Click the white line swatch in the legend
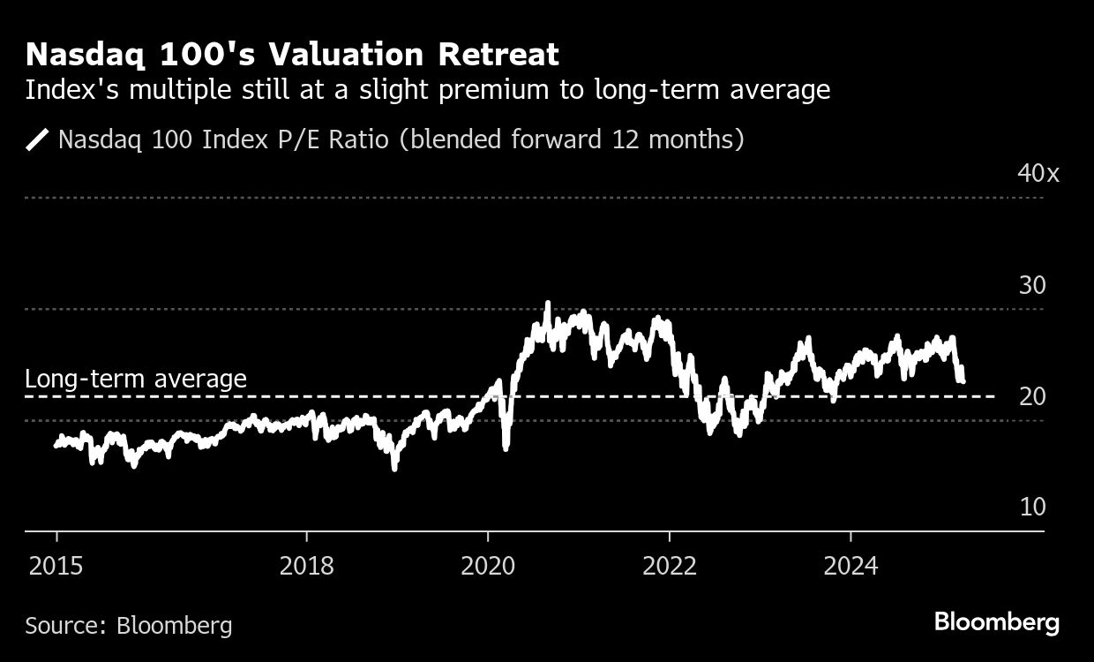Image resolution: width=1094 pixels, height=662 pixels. [x=38, y=139]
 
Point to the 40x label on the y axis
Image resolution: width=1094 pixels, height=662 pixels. [x=1038, y=172]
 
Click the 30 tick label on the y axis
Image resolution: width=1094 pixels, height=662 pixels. [x=1031, y=285]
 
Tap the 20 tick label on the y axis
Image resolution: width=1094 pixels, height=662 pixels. [x=1031, y=396]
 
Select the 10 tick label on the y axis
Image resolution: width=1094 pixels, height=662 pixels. [x=1031, y=507]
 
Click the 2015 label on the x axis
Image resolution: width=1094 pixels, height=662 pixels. [x=56, y=566]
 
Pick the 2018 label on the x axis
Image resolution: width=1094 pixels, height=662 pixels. [x=306, y=566]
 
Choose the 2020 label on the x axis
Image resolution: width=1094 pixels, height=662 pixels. [x=488, y=566]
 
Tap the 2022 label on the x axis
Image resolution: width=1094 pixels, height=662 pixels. [x=670, y=566]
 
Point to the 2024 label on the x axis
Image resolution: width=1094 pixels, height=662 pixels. [x=850, y=566]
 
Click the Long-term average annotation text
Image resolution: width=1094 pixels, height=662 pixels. [x=136, y=379]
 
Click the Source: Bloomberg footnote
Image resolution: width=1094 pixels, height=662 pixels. [x=129, y=626]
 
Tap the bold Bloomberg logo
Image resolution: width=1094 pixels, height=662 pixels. [x=997, y=622]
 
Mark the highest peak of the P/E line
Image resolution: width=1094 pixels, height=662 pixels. [x=547, y=304]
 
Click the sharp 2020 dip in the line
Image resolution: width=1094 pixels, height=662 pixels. [x=506, y=448]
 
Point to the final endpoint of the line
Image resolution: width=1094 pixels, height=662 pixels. [x=962, y=380]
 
